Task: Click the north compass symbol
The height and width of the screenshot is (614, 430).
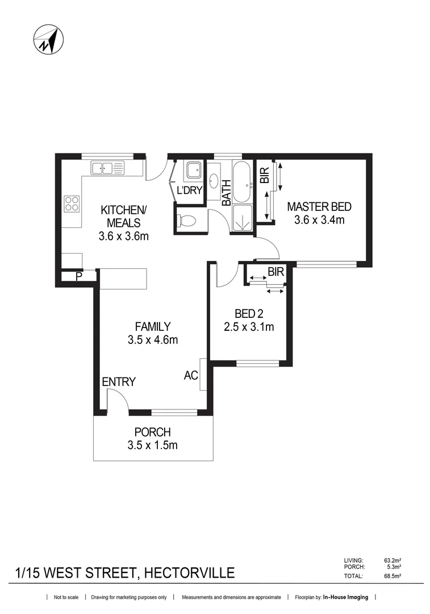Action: [x=48, y=40]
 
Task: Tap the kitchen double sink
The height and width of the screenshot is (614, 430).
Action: [x=107, y=168]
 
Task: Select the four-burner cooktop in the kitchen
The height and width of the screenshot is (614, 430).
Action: [x=72, y=204]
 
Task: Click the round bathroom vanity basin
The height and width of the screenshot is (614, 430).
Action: [x=213, y=181]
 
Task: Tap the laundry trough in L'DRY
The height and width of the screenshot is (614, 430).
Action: [x=193, y=170]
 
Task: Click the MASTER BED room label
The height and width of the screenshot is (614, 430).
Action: [x=319, y=206]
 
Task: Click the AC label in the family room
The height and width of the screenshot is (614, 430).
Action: [x=190, y=375]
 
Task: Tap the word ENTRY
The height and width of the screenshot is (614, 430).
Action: [x=118, y=382]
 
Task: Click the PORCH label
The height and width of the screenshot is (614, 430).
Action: [x=152, y=432]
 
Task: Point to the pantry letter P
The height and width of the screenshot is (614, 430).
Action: [x=78, y=277]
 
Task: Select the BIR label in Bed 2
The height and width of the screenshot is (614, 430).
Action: [x=275, y=272]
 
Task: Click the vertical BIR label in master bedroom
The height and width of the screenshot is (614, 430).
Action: [x=264, y=175]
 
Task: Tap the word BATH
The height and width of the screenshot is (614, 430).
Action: [x=226, y=192]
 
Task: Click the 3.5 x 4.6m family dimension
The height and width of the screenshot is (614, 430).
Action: [x=152, y=341]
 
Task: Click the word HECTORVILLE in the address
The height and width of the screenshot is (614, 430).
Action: [x=189, y=572]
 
